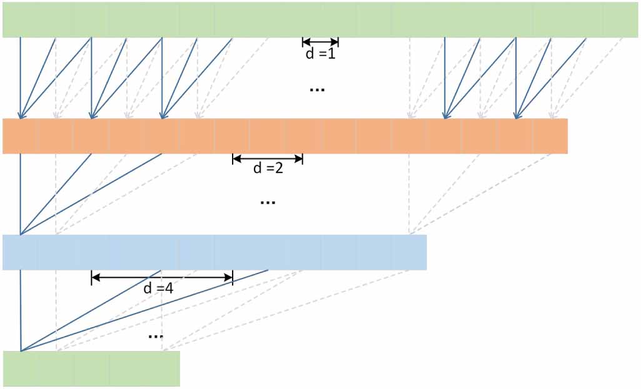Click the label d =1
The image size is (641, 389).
click(x=320, y=54)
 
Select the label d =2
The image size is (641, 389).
click(x=268, y=169)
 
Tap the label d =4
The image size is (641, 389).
click(x=158, y=288)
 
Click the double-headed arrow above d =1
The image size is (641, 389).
click(x=320, y=42)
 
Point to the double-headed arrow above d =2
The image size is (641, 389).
click(x=268, y=159)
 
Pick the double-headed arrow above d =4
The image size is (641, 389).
click(x=162, y=278)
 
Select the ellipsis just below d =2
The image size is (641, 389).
click(x=268, y=202)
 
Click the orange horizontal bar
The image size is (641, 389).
click(x=285, y=136)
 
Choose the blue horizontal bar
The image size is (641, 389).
click(x=215, y=252)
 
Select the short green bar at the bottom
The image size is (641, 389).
click(x=91, y=368)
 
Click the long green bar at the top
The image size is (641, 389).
click(x=320, y=19)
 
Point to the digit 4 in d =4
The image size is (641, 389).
click(x=169, y=288)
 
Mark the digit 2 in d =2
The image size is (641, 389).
click(x=280, y=169)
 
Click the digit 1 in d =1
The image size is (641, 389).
click(x=332, y=54)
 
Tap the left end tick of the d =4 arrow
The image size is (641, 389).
click(x=92, y=278)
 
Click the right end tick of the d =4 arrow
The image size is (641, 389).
click(x=233, y=278)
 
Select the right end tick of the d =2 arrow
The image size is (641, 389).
click(x=303, y=159)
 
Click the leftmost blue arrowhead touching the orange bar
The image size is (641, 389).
click(x=21, y=115)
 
